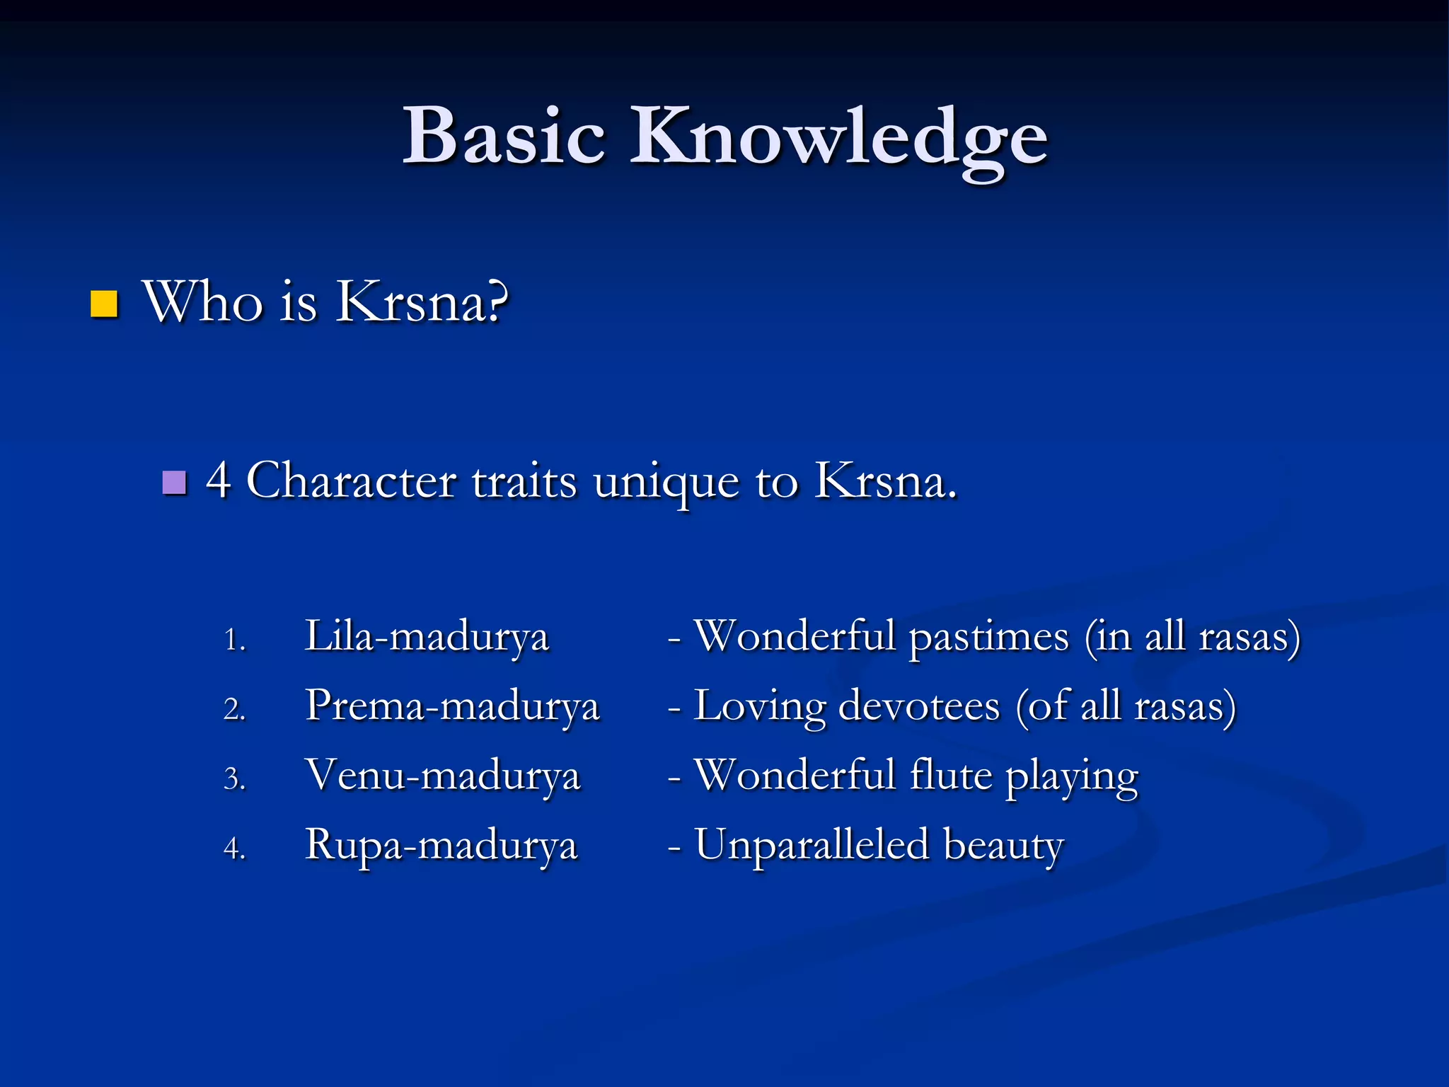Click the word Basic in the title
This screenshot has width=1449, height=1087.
coord(504,136)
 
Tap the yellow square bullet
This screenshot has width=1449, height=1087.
coord(104,304)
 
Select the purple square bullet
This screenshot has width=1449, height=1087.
coord(174,483)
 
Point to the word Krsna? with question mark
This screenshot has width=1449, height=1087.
coord(422,302)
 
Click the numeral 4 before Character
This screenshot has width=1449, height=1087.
coord(218,481)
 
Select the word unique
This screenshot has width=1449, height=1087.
coord(666,483)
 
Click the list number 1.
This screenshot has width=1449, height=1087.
coord(234,640)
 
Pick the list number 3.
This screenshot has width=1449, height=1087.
coord(234,779)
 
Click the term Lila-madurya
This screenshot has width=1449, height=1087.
coord(427,635)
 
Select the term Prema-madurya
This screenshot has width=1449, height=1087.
coord(453,706)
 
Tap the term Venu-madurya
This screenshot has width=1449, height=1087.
coord(443,775)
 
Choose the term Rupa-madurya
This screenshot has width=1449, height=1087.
coord(441,844)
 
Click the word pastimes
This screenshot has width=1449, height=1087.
coord(988,637)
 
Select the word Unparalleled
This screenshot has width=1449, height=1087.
coord(812,844)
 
